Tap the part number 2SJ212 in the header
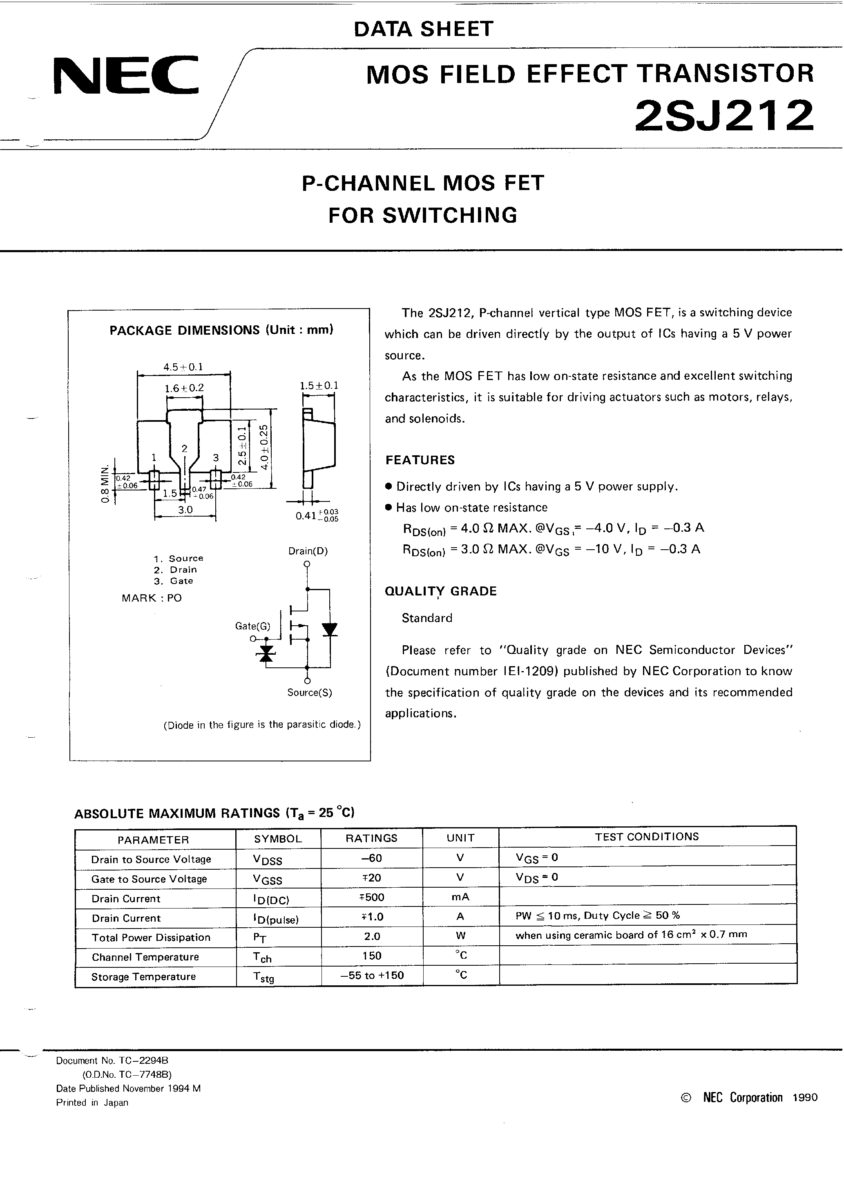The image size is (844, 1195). point(724,116)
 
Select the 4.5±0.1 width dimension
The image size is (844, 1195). point(183,367)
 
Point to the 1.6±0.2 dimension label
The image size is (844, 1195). point(184,388)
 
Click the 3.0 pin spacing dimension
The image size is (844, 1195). point(185,510)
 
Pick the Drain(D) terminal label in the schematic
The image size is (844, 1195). point(308,551)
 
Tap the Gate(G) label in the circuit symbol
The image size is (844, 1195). point(252,626)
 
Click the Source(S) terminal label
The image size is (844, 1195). point(310,693)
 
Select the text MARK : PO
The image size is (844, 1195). point(152,598)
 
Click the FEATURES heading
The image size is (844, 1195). point(420,460)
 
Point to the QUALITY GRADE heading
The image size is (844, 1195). point(441,591)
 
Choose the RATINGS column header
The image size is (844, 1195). point(371,838)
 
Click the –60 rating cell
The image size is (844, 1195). point(371,858)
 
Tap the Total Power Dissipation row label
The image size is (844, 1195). point(151,938)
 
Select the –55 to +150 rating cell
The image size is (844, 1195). point(372,976)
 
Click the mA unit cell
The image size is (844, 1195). point(460,897)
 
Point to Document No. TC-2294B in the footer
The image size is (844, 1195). point(112,1061)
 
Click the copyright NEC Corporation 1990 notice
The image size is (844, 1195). point(749,1098)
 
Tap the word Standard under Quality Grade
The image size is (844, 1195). point(426,618)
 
